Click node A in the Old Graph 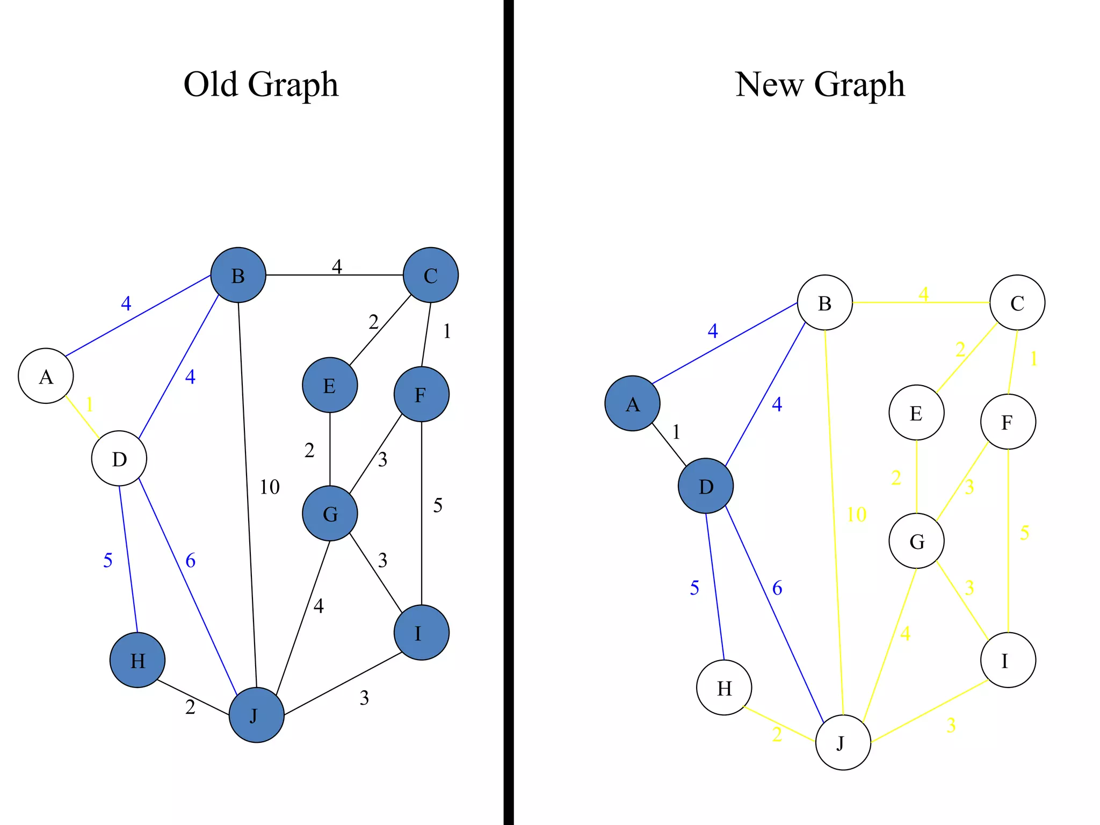coord(46,376)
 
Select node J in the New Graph coord(843,742)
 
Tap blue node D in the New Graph coord(706,486)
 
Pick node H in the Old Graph coord(137,660)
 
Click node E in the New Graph coord(916,412)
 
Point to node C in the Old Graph coord(431,275)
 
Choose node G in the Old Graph coord(330,513)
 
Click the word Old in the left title coord(210,84)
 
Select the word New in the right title coord(769,84)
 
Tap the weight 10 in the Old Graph coord(270,487)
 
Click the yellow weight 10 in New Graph coord(856,515)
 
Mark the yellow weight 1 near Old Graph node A coord(89,404)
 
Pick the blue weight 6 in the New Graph coord(777,589)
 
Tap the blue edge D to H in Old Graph coord(128,559)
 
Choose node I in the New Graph coord(1008,660)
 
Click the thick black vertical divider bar coord(509,412)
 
